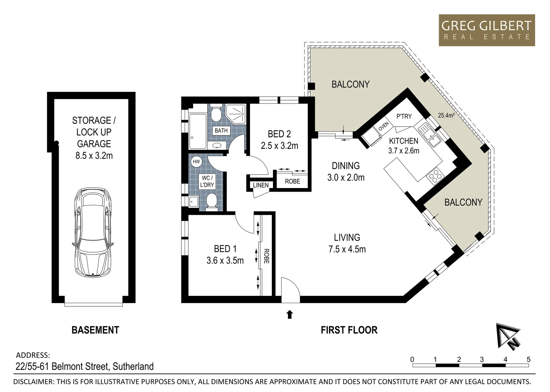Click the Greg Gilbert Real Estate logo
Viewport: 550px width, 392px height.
(486, 30)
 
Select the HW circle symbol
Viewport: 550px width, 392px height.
(196, 162)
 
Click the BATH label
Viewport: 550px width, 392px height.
(221, 131)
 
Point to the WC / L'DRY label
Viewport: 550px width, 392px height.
(207, 181)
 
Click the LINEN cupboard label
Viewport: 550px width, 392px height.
(261, 185)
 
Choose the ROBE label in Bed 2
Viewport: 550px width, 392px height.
(292, 181)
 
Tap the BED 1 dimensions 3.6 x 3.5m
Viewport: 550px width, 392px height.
(225, 261)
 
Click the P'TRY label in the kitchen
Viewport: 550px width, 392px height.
(404, 117)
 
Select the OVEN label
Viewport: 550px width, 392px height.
(384, 127)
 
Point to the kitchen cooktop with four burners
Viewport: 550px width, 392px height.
(435, 177)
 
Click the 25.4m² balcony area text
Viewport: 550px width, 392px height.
(446, 116)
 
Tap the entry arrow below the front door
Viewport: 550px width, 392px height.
(289, 314)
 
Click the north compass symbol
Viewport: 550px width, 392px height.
(508, 335)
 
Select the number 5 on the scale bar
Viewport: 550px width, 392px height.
(528, 359)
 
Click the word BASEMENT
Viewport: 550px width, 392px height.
(95, 330)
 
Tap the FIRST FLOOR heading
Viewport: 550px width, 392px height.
(349, 330)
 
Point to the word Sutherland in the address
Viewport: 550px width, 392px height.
(133, 367)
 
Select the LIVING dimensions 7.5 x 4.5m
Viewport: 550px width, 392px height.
(347, 249)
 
